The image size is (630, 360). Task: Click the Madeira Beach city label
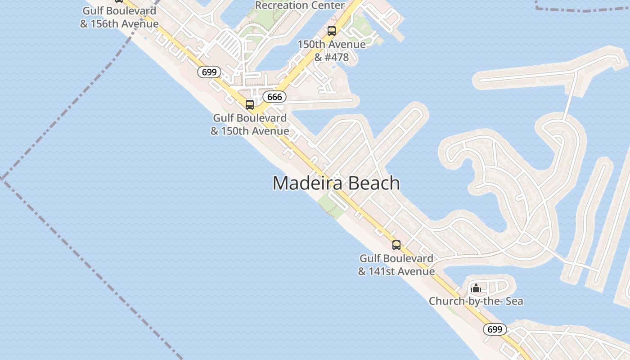[336, 183]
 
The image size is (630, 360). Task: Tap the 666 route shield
[274, 97]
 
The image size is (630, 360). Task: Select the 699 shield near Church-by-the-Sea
[495, 329]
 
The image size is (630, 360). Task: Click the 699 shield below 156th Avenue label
[209, 72]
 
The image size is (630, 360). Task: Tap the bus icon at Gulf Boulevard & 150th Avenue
[250, 105]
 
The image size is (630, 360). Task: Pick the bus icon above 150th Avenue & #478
[332, 31]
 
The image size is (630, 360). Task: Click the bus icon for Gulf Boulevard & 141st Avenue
[396, 245]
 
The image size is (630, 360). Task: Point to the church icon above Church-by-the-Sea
[476, 288]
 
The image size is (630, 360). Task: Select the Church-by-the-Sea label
[476, 301]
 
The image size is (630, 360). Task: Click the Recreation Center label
[300, 6]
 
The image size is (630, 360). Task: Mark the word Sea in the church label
[514, 301]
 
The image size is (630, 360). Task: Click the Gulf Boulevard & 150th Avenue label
[250, 125]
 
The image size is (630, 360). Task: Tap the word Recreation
[282, 6]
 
